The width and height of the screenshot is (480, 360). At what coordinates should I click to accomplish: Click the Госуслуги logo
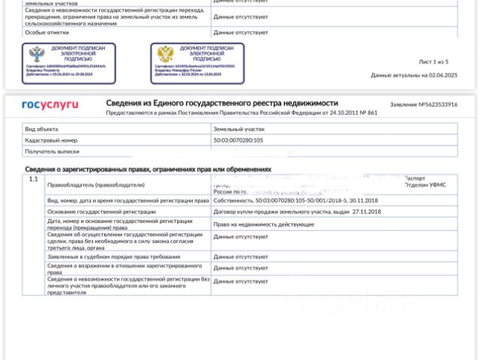49,105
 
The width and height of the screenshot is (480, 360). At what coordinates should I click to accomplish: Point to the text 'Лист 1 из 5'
433,61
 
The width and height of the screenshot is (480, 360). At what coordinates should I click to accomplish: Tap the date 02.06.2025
442,75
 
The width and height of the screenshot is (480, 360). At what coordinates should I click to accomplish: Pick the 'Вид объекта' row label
41,129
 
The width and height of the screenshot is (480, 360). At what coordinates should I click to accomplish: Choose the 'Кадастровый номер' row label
51,140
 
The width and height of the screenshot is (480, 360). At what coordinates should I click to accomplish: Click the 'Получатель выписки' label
52,151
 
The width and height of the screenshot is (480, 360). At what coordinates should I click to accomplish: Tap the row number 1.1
33,179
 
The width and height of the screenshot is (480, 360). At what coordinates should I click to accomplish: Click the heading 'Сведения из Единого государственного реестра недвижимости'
221,103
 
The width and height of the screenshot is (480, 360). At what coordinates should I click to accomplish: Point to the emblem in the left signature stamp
36,55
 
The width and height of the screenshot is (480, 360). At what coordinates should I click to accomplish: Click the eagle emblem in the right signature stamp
165,55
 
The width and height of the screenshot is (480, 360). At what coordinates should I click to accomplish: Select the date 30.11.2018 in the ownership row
361,201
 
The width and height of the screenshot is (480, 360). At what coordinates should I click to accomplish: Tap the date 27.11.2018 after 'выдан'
367,212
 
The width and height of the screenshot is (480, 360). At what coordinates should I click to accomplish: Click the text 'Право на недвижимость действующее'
263,223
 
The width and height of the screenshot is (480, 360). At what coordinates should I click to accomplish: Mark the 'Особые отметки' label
46,32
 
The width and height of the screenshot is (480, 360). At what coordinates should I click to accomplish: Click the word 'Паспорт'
415,178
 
